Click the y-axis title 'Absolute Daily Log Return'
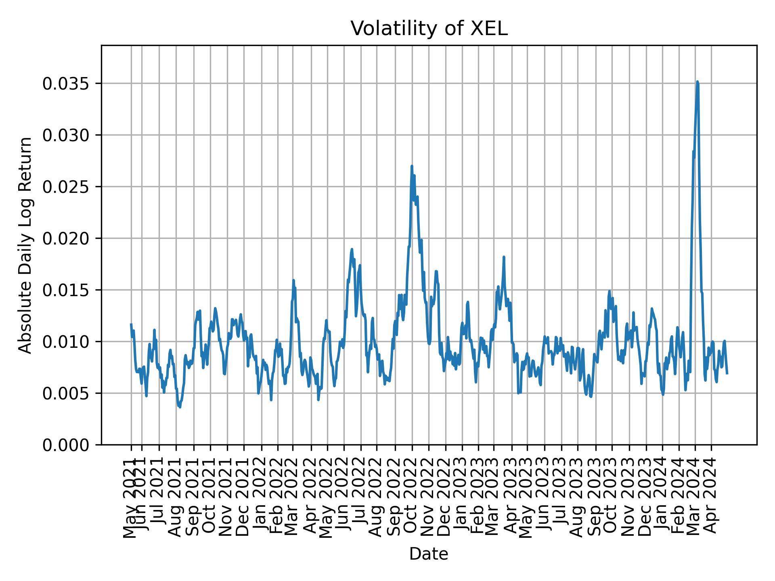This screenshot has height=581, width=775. coord(26,245)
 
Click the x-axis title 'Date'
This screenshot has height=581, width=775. coord(429,554)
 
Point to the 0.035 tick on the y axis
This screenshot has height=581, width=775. coord(66,84)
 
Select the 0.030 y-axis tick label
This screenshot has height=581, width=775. coord(66,135)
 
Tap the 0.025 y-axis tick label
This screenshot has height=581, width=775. coord(66,187)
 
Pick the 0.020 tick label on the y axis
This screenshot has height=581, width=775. coord(66,238)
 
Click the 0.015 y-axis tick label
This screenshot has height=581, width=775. coord(66,290)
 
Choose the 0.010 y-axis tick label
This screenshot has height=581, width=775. coord(66,342)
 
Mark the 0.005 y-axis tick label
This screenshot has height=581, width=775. coord(66,393)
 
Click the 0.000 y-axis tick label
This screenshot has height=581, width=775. coord(66,445)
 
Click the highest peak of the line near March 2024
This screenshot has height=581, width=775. coord(697,82)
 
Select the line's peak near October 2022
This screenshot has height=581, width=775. coord(412,166)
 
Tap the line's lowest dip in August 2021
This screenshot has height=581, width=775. coord(180,407)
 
